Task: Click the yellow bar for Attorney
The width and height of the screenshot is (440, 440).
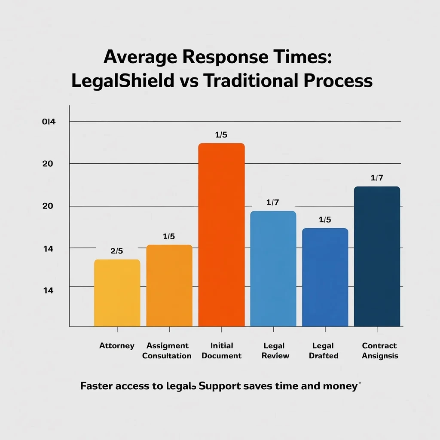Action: [x=117, y=293]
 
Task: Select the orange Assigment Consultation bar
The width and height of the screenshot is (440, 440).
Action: [x=169, y=286]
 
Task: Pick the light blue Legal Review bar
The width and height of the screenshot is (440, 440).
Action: [x=273, y=269]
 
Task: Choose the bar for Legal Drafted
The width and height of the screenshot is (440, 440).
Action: [x=325, y=277]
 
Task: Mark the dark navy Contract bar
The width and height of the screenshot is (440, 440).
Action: [x=377, y=257]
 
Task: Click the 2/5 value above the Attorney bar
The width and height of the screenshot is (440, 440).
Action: [x=117, y=251]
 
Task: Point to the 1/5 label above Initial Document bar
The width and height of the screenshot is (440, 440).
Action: [x=221, y=135]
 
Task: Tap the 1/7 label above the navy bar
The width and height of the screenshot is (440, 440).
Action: [x=377, y=178]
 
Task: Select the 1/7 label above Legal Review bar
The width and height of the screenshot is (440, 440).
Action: [x=273, y=202]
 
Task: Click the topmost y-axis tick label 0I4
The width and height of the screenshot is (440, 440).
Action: [x=49, y=122]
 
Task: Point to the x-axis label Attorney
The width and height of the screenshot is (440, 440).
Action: [x=117, y=346]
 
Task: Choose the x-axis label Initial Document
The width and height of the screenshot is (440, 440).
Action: [x=222, y=351]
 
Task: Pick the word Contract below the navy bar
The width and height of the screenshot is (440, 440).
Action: [x=379, y=346]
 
